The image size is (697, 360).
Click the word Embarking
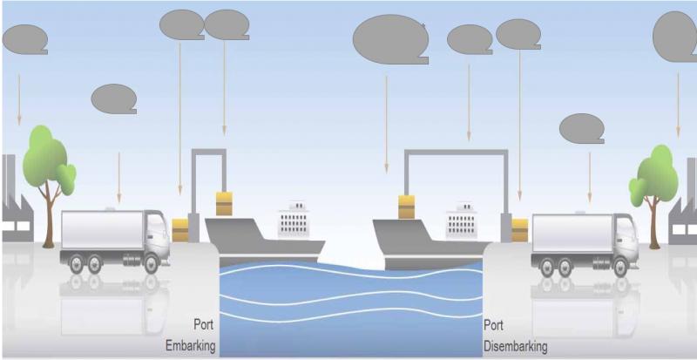point(190,345)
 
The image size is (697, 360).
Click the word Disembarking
point(515,345)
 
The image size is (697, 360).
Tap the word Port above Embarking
point(204,325)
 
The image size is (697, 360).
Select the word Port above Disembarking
point(495,325)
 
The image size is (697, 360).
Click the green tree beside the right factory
point(655,179)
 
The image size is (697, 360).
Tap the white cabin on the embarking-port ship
point(294,222)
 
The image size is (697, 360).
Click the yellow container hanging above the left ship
point(224,203)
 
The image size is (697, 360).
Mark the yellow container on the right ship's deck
point(405,207)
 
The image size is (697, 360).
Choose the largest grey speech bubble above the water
point(390,39)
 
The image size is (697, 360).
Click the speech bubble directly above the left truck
point(114,99)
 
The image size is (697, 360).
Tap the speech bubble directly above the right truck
point(582,129)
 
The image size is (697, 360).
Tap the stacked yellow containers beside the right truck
point(520,230)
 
